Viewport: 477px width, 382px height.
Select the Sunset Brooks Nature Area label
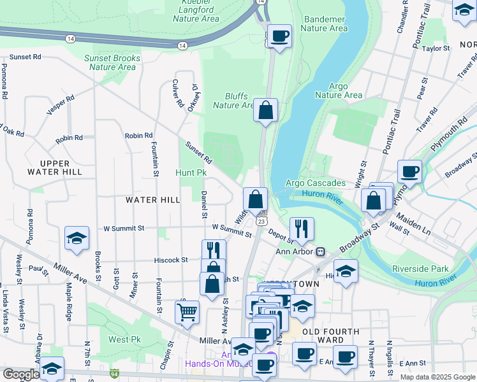(x=112, y=62)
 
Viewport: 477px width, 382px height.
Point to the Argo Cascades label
(x=315, y=183)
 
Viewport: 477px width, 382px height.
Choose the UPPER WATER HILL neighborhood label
(x=54, y=167)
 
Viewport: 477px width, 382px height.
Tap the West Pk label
(x=124, y=339)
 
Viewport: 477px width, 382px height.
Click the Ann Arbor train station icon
(x=320, y=251)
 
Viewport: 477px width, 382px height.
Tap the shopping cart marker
(x=187, y=311)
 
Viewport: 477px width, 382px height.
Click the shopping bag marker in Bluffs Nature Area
(x=265, y=110)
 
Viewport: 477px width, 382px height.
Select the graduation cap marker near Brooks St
(x=77, y=238)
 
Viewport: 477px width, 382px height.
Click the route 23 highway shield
(x=261, y=220)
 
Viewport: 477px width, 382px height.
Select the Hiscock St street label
(x=171, y=260)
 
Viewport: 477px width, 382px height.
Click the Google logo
(x=21, y=374)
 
